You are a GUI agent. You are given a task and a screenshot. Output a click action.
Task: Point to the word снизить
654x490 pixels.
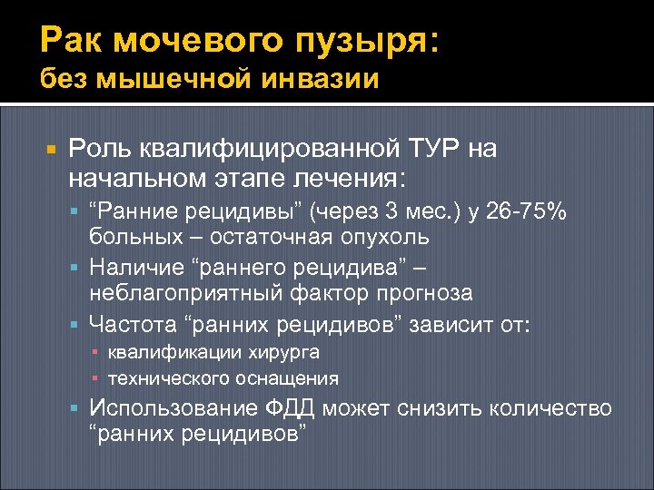click(440, 408)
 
